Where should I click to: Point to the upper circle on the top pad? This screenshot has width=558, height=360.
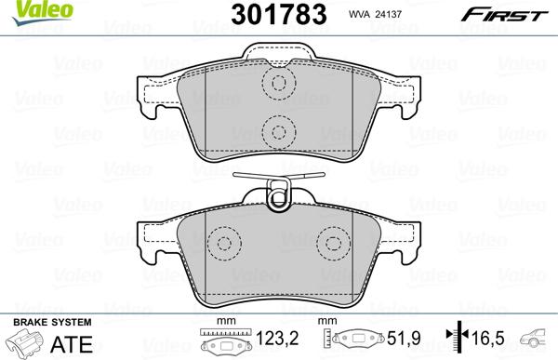(x=277, y=84)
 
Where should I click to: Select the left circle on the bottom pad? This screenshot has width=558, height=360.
(x=221, y=245)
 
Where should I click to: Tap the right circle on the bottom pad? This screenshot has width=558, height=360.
(x=332, y=245)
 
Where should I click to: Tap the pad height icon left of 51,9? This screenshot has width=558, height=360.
(x=357, y=341)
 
